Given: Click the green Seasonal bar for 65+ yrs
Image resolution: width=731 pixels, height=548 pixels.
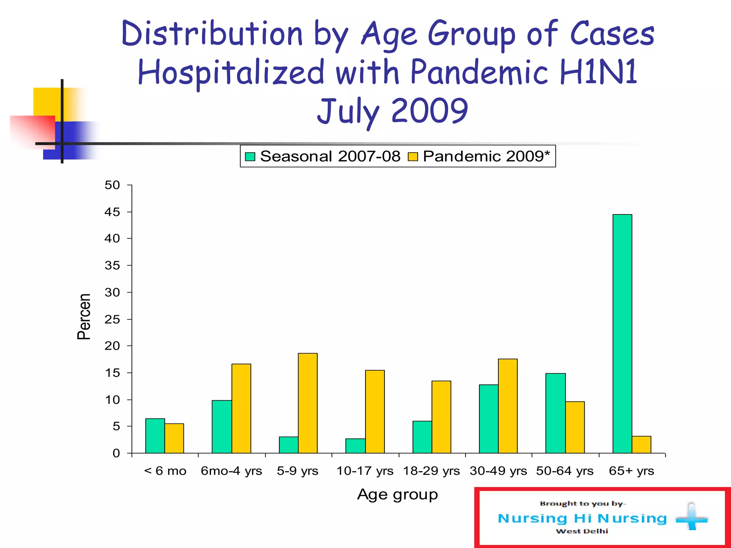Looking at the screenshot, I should click(x=622, y=334).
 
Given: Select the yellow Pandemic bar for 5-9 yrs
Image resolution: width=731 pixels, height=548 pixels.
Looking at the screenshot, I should click(x=308, y=403).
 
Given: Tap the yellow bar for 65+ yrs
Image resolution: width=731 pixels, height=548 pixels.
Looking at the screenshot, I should click(x=641, y=445).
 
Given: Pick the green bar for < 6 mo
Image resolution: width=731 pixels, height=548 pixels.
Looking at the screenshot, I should click(x=155, y=436).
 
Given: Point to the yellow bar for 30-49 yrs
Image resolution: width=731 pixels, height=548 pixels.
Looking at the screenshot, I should click(x=508, y=406).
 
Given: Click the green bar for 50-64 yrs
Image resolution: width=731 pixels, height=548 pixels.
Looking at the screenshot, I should click(x=555, y=413).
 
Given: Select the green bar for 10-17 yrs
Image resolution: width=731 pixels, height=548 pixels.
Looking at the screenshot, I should click(x=355, y=446).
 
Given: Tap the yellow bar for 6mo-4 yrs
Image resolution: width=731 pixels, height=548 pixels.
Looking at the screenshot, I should click(x=241, y=409).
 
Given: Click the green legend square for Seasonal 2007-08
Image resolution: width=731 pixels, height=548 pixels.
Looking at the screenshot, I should click(x=250, y=157).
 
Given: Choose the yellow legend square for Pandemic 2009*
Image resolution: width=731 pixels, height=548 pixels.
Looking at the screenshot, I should click(x=413, y=157).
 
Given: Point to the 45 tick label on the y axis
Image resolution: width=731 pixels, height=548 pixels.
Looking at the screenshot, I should click(x=112, y=212).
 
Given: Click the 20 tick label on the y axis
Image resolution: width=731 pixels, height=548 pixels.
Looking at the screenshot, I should click(x=112, y=346).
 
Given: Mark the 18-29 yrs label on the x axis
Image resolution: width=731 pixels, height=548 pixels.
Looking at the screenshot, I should click(x=431, y=471).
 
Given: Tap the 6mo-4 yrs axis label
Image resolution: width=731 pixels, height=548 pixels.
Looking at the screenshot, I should click(x=231, y=471).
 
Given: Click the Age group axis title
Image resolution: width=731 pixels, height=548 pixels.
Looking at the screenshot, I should click(x=397, y=494).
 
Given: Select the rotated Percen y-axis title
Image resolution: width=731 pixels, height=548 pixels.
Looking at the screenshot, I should click(x=84, y=316).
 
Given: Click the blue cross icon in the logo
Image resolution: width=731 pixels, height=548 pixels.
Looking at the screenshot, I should click(x=691, y=517).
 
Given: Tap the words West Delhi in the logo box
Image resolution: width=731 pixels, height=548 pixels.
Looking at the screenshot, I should click(x=582, y=531).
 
